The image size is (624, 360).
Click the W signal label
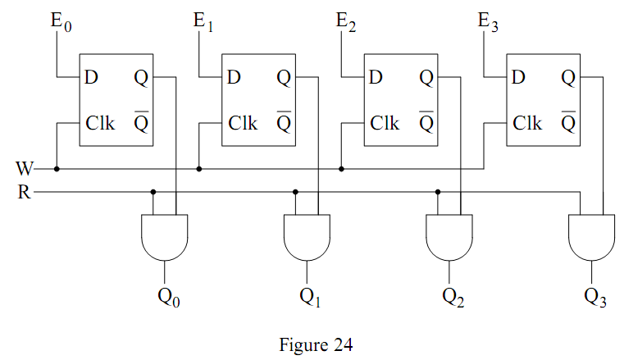click(x=25, y=170)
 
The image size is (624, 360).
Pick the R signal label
click(x=25, y=194)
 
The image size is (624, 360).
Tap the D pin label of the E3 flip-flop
click(x=517, y=79)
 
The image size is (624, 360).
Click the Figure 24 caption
click(x=312, y=345)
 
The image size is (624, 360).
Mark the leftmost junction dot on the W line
click(x=57, y=170)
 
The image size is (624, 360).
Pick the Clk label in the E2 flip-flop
click(x=385, y=124)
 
